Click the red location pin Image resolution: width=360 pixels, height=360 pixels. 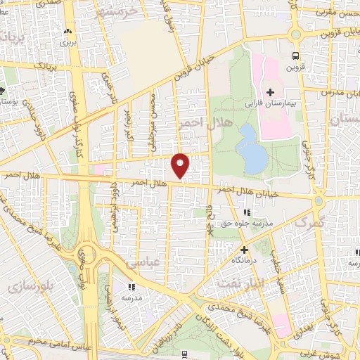(181, 165)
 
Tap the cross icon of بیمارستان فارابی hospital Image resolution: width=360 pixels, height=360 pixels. (270, 92)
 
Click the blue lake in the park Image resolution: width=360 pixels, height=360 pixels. (251, 148)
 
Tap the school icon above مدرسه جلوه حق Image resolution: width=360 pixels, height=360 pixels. (245, 212)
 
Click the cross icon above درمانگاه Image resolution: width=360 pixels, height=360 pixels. (244, 250)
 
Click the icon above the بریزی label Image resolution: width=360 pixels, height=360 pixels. (67, 32)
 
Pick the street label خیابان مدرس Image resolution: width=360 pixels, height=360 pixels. (340, 92)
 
